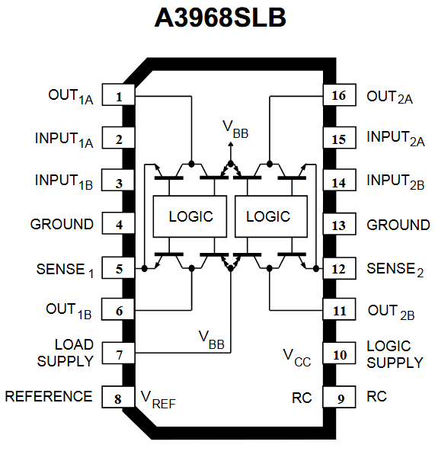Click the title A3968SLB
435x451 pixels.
click(x=220, y=18)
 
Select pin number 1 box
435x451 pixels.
click(x=119, y=96)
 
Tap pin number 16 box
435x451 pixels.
click(x=338, y=96)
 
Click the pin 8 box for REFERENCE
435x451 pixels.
click(x=119, y=398)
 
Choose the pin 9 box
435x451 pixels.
click(x=338, y=398)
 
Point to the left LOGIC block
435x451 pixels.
click(x=191, y=216)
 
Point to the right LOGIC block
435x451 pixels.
click(x=268, y=216)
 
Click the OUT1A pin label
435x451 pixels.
click(x=70, y=97)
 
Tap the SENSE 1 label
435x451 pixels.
click(x=65, y=270)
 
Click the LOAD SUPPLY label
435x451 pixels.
click(x=66, y=353)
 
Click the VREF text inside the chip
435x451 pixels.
click(x=158, y=398)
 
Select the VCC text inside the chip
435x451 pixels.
click(x=296, y=356)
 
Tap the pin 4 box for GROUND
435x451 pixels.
click(x=119, y=225)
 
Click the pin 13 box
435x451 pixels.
click(x=338, y=225)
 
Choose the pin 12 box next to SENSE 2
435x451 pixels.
click(x=338, y=268)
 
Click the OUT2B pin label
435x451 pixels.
click(x=391, y=312)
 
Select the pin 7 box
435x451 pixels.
click(x=119, y=354)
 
